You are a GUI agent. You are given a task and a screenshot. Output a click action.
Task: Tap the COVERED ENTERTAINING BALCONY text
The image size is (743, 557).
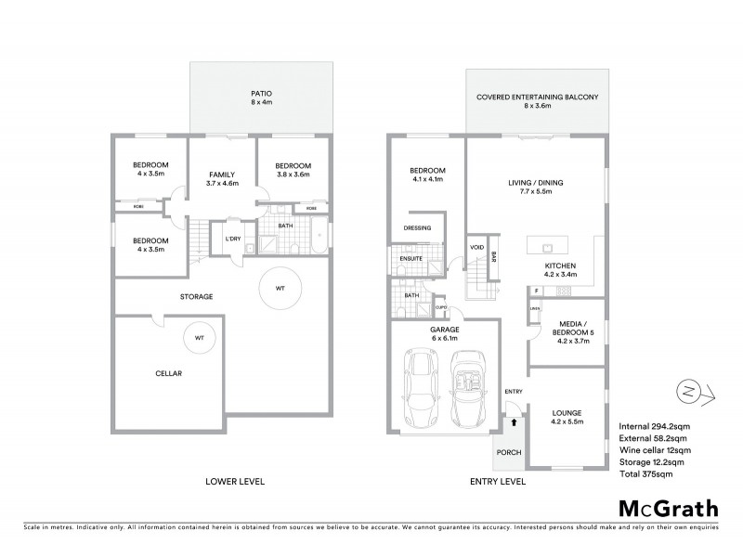tap(539, 97)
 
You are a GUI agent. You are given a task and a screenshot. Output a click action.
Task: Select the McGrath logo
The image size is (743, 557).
tap(667, 508)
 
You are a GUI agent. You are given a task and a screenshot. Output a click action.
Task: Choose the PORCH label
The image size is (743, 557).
tap(509, 453)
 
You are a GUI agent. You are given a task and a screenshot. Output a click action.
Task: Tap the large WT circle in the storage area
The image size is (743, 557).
tap(280, 290)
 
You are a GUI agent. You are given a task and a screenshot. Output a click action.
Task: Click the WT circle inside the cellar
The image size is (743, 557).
tap(199, 339)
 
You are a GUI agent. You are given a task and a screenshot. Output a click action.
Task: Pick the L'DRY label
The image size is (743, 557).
tap(232, 239)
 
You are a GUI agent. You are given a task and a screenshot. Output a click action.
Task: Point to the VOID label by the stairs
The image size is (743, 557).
tap(477, 248)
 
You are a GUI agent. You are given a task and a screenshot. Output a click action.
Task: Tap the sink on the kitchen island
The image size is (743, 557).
tap(547, 248)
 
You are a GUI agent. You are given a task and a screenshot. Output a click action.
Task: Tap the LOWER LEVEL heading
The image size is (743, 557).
tap(235, 482)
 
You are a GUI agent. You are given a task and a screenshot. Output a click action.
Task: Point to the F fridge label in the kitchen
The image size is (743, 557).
tap(537, 291)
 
